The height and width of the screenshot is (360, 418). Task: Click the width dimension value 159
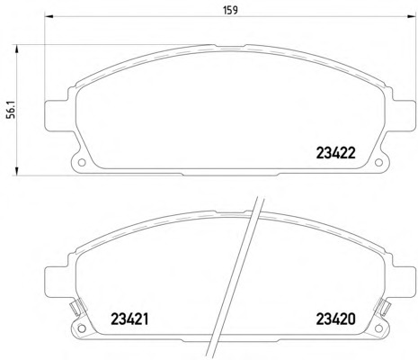coord(231,10)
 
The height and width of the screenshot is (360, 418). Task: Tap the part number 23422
coord(336,153)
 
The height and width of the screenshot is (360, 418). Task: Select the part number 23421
coord(129,319)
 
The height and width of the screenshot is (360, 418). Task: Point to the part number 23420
coord(336,319)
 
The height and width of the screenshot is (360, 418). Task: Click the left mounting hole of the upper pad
coord(82,163)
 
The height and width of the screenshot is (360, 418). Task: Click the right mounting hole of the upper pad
coord(379,163)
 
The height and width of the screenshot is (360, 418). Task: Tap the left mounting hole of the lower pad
coord(82,328)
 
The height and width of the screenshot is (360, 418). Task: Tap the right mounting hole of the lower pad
coord(379,328)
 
